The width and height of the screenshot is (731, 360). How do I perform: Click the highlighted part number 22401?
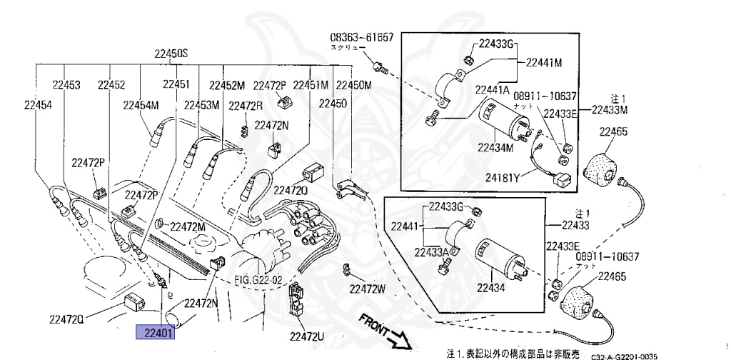click(x=156, y=332)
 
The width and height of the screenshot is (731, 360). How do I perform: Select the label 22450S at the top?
click(x=171, y=54)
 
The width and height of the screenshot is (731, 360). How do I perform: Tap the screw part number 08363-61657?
click(x=361, y=37)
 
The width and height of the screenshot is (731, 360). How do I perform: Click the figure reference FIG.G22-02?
click(x=259, y=279)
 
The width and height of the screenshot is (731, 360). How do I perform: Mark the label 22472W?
click(x=367, y=289)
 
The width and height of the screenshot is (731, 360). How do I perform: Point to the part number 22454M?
click(x=141, y=105)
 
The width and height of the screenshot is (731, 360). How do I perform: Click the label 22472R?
click(x=246, y=106)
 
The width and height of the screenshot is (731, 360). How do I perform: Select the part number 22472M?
click(x=188, y=226)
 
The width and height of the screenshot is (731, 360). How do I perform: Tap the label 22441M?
click(x=544, y=63)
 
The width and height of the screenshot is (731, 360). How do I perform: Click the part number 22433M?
click(x=609, y=110)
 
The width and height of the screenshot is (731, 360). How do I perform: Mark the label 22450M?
click(x=355, y=85)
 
